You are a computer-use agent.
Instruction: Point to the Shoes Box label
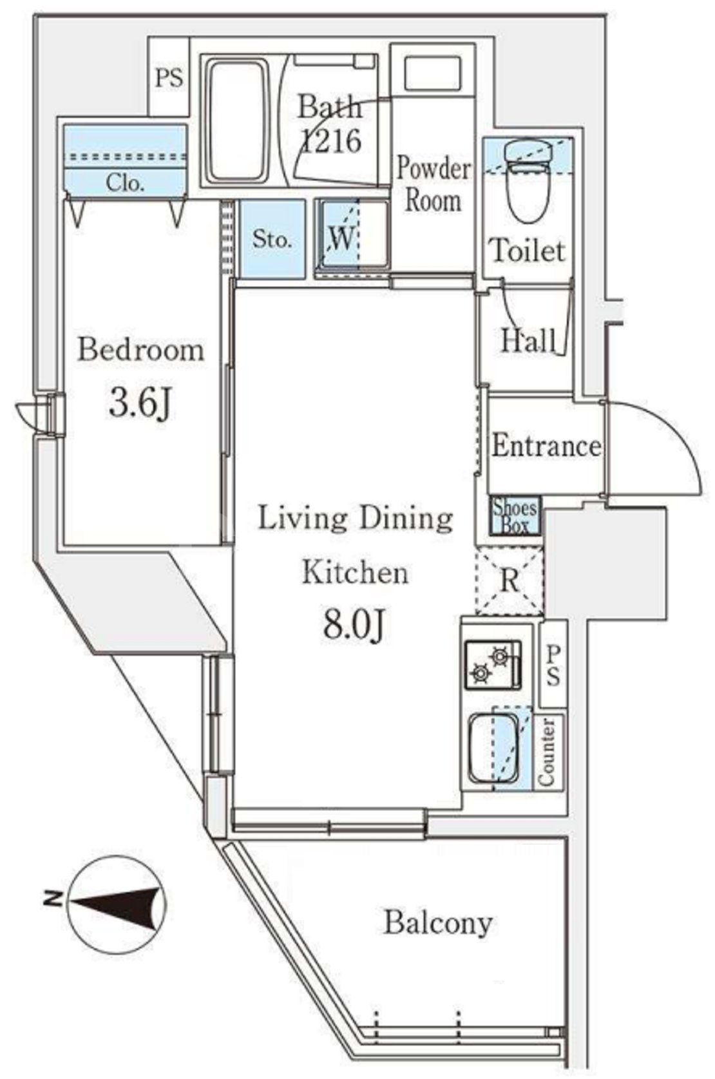(x=515, y=517)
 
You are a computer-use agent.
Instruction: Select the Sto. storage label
(x=272, y=239)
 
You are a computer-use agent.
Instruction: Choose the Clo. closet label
(x=125, y=184)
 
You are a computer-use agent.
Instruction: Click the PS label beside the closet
(x=169, y=77)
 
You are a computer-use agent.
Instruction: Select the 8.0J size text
(x=354, y=625)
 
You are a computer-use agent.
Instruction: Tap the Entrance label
(x=546, y=446)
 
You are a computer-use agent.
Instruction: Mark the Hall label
(x=528, y=340)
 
